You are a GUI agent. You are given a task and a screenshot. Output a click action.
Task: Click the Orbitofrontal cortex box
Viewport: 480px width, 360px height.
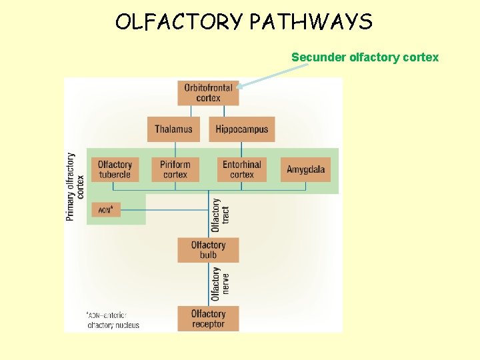208,93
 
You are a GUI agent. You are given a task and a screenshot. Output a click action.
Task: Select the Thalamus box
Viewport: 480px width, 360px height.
173,129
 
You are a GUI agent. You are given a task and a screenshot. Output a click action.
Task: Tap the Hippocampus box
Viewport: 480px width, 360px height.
241,129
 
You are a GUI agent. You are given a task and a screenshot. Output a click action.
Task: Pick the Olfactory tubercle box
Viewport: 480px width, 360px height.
115,169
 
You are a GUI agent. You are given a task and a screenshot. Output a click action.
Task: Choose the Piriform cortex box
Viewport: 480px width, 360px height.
175,169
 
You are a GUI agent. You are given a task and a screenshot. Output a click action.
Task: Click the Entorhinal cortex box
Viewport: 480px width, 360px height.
241,169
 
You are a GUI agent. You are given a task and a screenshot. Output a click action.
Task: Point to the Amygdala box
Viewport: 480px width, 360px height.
305,169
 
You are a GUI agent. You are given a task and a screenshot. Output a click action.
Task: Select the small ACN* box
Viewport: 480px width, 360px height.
106,210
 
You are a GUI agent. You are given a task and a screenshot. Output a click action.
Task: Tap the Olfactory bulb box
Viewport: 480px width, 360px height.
208,250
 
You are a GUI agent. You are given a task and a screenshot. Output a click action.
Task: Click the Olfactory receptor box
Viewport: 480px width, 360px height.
208,319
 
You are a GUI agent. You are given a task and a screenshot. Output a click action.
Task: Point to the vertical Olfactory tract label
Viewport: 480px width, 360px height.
220,215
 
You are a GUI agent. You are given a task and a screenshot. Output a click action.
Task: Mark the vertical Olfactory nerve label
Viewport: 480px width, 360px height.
220,283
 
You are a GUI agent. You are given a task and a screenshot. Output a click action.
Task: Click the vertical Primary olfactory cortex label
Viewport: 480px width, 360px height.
75,187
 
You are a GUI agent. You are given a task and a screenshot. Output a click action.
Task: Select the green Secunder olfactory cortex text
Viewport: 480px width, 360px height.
365,57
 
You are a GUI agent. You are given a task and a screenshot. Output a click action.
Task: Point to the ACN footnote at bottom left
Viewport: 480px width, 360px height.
112,320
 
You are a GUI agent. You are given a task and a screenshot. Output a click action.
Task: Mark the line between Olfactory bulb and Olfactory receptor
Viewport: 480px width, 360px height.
208,283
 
